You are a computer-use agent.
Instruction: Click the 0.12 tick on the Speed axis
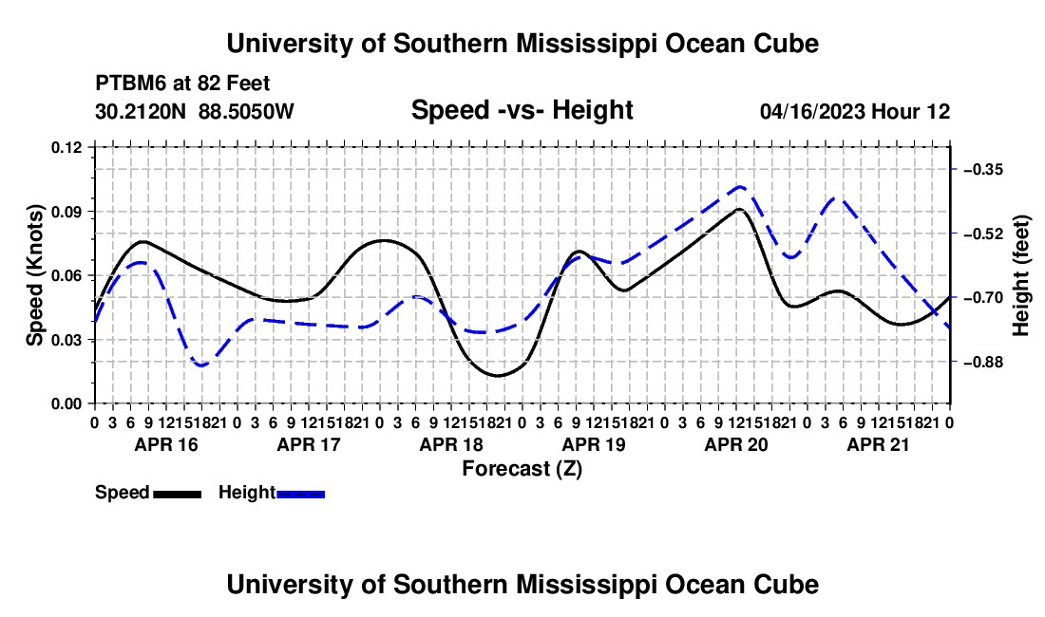pyautogui.click(x=66, y=147)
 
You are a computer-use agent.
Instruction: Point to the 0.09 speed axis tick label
pyautogui.click(x=66, y=212)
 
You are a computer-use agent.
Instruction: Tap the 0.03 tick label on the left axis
pyautogui.click(x=66, y=340)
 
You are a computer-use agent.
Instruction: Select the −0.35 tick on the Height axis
pyautogui.click(x=983, y=170)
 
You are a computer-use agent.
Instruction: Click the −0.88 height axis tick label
pyautogui.click(x=983, y=362)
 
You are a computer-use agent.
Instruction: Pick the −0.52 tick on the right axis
pyautogui.click(x=983, y=234)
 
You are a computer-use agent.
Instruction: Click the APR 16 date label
pyautogui.click(x=166, y=444)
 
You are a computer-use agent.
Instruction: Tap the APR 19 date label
pyautogui.click(x=594, y=444)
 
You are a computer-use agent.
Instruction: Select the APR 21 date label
pyautogui.click(x=878, y=444)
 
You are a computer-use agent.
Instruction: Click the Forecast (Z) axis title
pyautogui.click(x=522, y=469)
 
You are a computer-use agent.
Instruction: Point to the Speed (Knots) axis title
pyautogui.click(x=34, y=275)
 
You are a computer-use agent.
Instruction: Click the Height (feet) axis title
pyautogui.click(x=1021, y=275)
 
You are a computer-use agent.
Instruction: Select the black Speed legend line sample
pyautogui.click(x=178, y=495)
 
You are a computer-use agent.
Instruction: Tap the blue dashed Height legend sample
pyautogui.click(x=300, y=495)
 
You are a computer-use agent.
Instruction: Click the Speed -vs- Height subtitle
pyautogui.click(x=522, y=110)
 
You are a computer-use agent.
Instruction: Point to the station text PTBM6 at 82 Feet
pyautogui.click(x=182, y=84)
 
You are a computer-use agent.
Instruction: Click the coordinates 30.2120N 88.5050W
pyautogui.click(x=194, y=111)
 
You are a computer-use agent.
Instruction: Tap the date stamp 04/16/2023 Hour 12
pyautogui.click(x=855, y=111)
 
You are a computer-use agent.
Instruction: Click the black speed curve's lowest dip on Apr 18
pyautogui.click(x=498, y=375)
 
